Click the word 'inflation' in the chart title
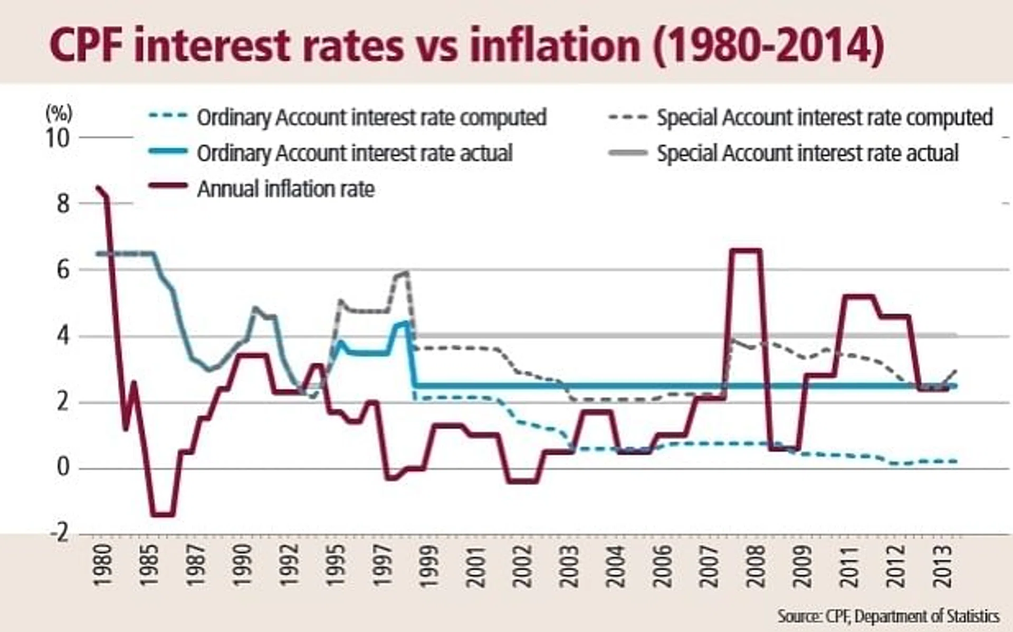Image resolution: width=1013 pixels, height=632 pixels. [555, 46]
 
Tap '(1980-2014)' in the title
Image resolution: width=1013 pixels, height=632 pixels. [768, 46]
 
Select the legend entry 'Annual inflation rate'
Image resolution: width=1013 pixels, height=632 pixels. [285, 189]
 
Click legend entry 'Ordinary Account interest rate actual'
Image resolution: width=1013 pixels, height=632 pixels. [354, 153]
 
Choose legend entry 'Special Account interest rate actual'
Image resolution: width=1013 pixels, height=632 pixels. [807, 153]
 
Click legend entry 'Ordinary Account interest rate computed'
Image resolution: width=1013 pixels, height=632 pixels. [371, 117]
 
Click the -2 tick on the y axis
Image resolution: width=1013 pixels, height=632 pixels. [59, 533]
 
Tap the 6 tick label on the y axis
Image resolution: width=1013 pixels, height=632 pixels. [63, 270]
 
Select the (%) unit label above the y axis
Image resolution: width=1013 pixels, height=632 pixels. [59, 112]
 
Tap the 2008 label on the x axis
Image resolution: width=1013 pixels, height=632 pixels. [756, 566]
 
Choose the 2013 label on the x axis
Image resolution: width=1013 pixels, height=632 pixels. [943, 566]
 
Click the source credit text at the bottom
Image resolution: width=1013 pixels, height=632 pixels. [888, 616]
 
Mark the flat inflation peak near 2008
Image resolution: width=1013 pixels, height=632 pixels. [745, 250]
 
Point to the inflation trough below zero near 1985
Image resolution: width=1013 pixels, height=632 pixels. [163, 514]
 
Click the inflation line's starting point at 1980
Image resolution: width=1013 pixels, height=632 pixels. [98, 187]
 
